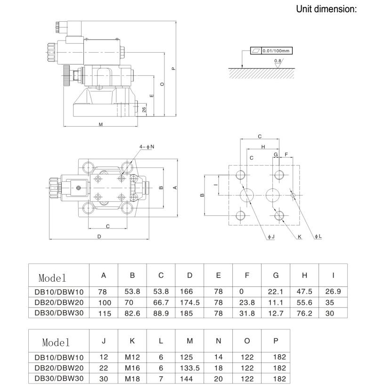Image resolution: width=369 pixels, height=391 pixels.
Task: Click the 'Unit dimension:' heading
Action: point(326,9)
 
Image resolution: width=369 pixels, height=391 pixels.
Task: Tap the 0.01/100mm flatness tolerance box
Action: point(271,50)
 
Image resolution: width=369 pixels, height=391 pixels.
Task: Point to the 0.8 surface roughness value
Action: point(278,61)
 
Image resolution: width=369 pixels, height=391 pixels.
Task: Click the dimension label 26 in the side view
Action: point(144,110)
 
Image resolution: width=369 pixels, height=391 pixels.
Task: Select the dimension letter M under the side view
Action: point(100,124)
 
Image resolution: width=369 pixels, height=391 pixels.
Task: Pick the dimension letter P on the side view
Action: point(173,68)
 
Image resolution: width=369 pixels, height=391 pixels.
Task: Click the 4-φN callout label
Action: point(147,147)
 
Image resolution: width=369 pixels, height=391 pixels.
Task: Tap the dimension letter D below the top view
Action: point(99,236)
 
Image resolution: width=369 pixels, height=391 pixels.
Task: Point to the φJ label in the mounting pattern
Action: point(271,236)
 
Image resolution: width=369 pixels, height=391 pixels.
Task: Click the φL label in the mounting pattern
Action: point(318,236)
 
